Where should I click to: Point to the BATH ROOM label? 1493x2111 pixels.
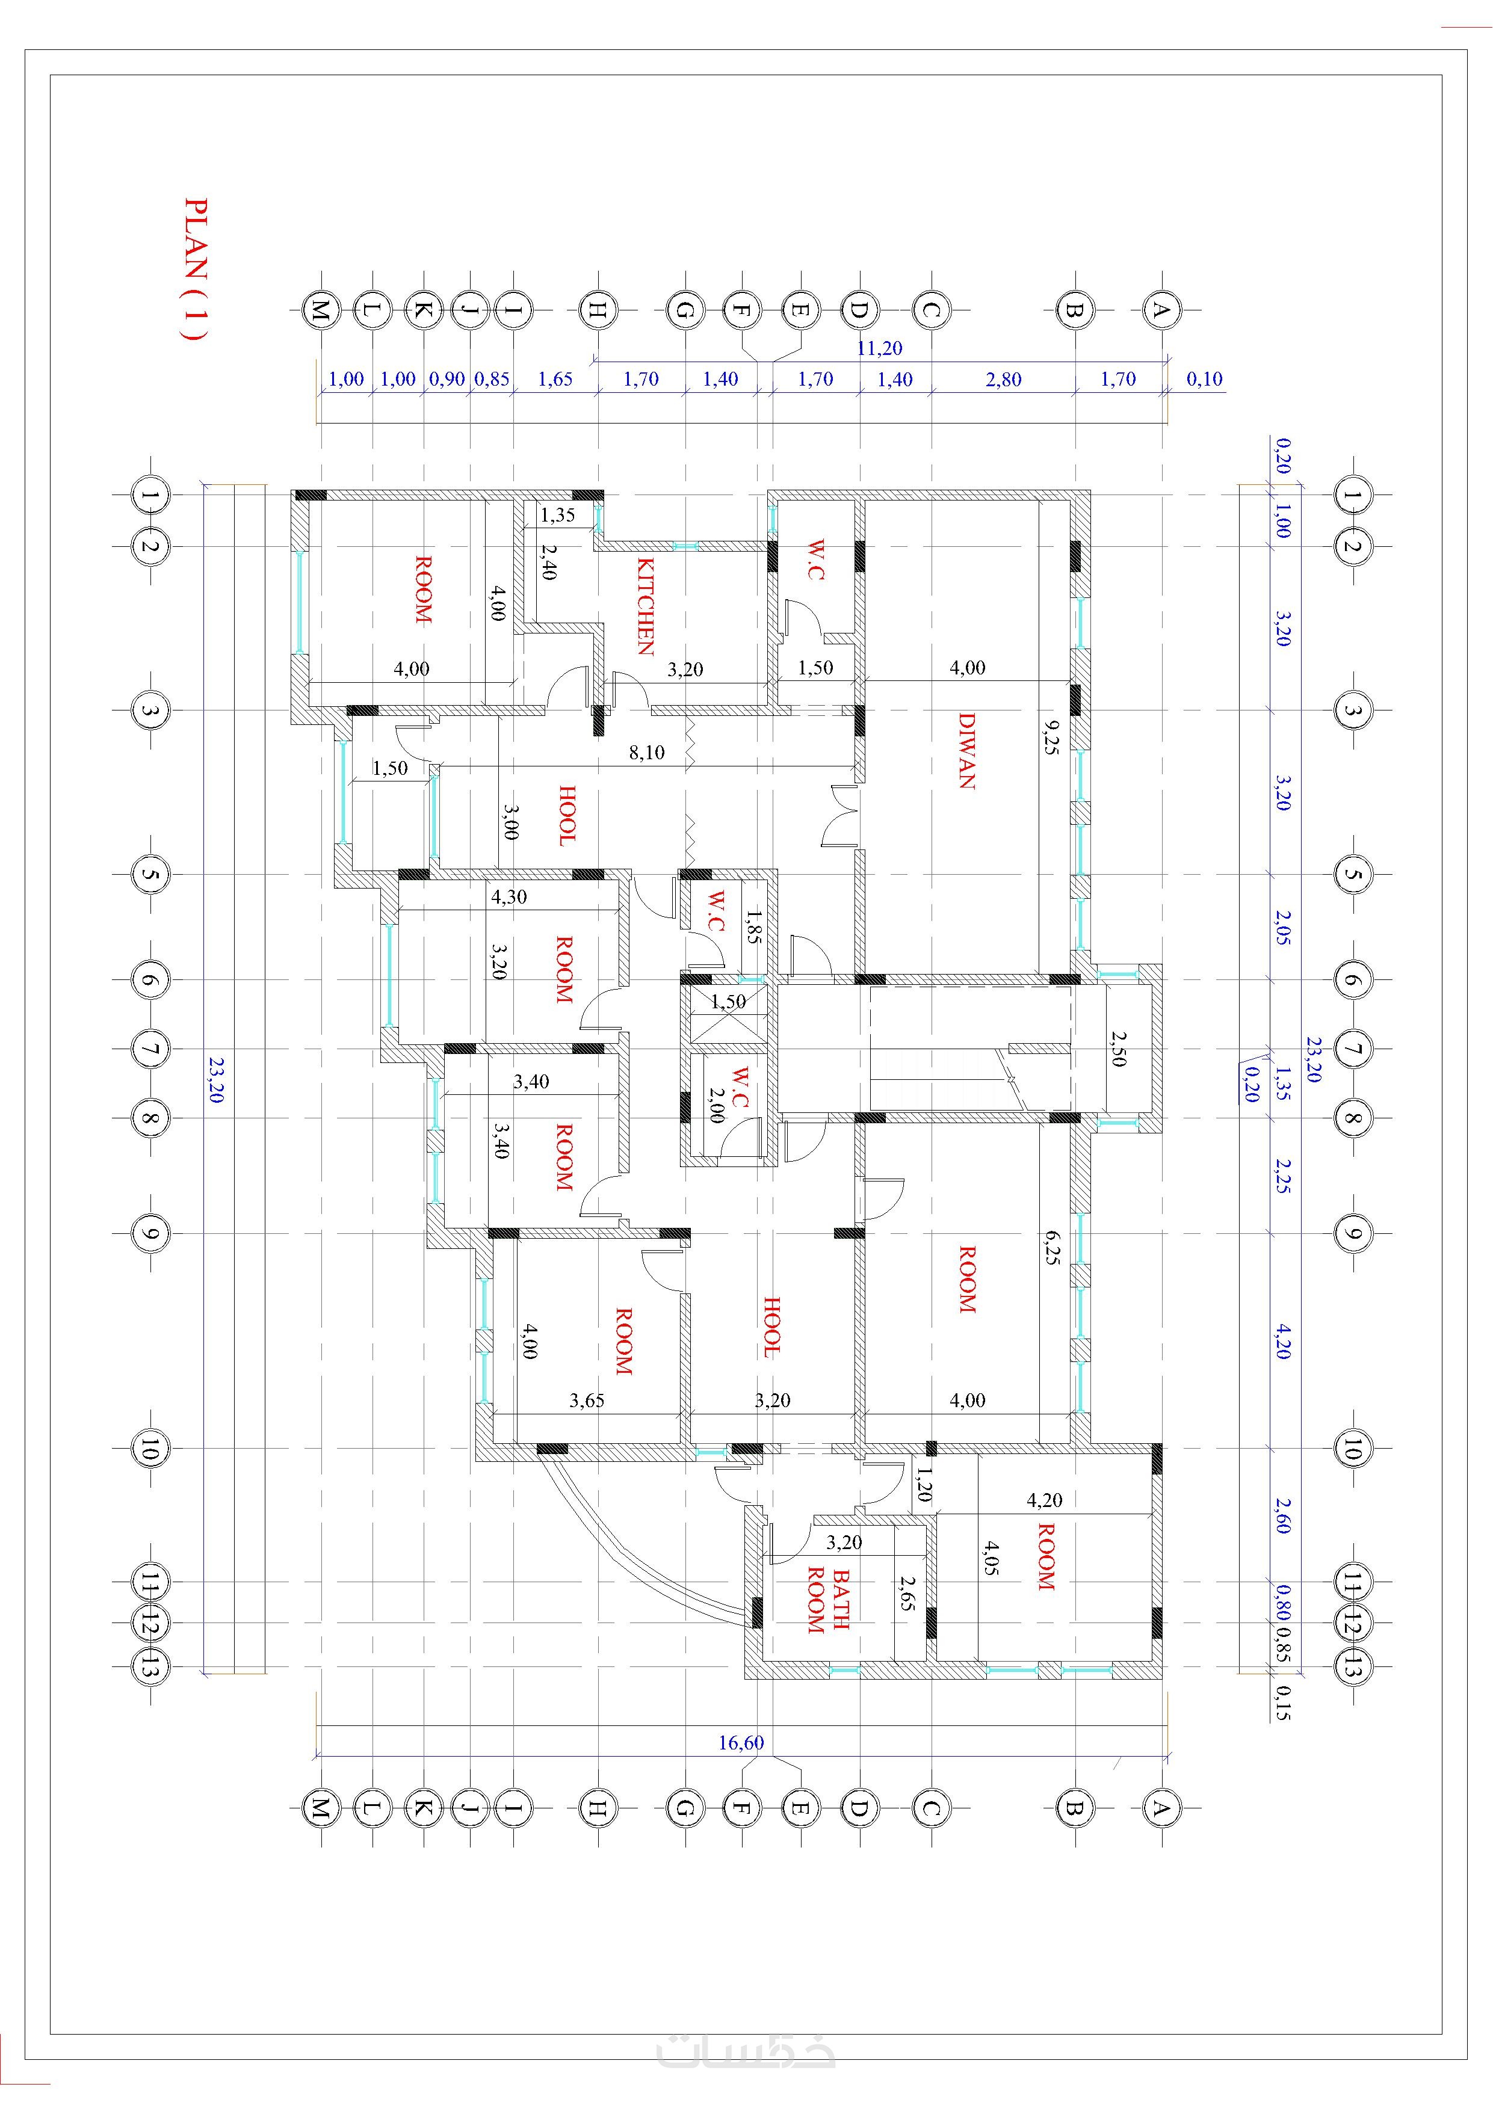pos(828,1601)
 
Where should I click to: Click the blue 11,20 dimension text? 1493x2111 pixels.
pos(879,348)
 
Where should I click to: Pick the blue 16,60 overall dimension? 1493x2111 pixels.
pos(741,1743)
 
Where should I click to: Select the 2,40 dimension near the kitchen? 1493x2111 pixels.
pos(548,562)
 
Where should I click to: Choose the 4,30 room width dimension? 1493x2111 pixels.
pos(508,896)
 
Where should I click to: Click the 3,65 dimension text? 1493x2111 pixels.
pos(587,1401)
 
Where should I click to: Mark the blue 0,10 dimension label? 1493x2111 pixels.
pos(1204,379)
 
